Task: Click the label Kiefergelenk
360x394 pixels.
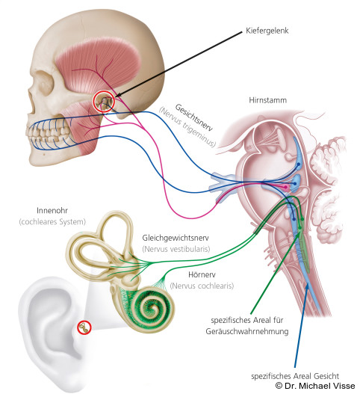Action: [267, 31]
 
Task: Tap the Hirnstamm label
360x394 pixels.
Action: [267, 100]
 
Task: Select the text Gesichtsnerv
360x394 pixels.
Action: [193, 117]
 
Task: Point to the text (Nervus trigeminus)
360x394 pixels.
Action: [187, 127]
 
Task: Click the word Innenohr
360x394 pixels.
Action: [52, 210]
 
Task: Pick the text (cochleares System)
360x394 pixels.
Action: [52, 222]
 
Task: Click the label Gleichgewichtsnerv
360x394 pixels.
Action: [176, 238]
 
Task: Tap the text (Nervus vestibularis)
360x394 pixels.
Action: [176, 249]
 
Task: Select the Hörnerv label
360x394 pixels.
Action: [202, 274]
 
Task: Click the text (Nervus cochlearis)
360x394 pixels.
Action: [202, 286]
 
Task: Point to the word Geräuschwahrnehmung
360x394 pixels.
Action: [247, 331]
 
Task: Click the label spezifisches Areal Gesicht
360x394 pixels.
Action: [295, 376]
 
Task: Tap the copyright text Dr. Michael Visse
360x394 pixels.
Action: [315, 386]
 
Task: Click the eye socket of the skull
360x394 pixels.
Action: [43, 84]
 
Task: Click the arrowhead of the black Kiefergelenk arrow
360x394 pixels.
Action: [118, 95]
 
